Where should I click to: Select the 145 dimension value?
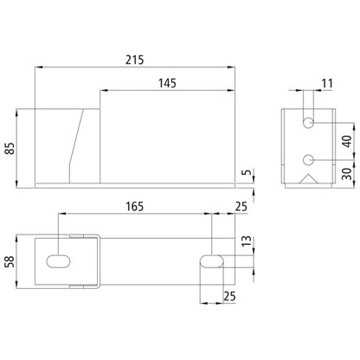coord(168,83)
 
